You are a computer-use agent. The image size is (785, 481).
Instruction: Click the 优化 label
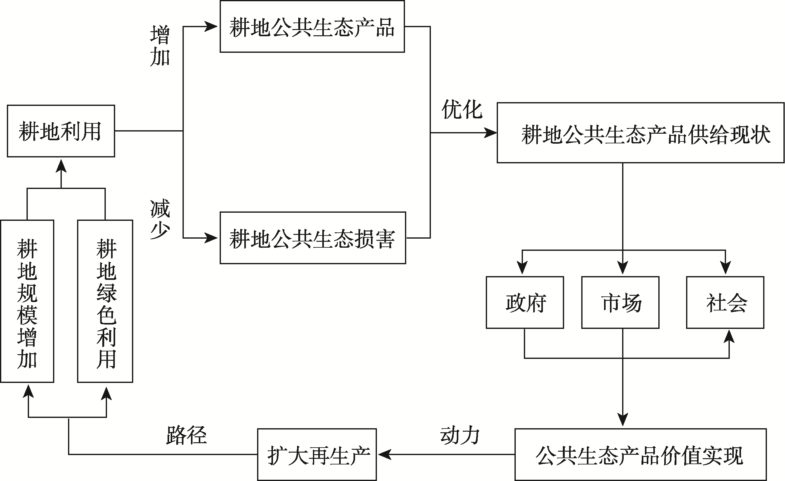pyautogui.click(x=462, y=109)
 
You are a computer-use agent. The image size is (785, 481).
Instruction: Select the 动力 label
pyautogui.click(x=460, y=435)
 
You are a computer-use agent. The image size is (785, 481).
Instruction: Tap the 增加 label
pyautogui.click(x=160, y=46)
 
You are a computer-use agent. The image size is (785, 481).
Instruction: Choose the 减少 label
pyautogui.click(x=160, y=219)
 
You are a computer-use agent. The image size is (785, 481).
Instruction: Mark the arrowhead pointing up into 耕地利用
pyautogui.click(x=61, y=166)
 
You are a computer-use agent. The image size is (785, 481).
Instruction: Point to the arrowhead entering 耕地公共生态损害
pyautogui.click(x=211, y=238)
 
